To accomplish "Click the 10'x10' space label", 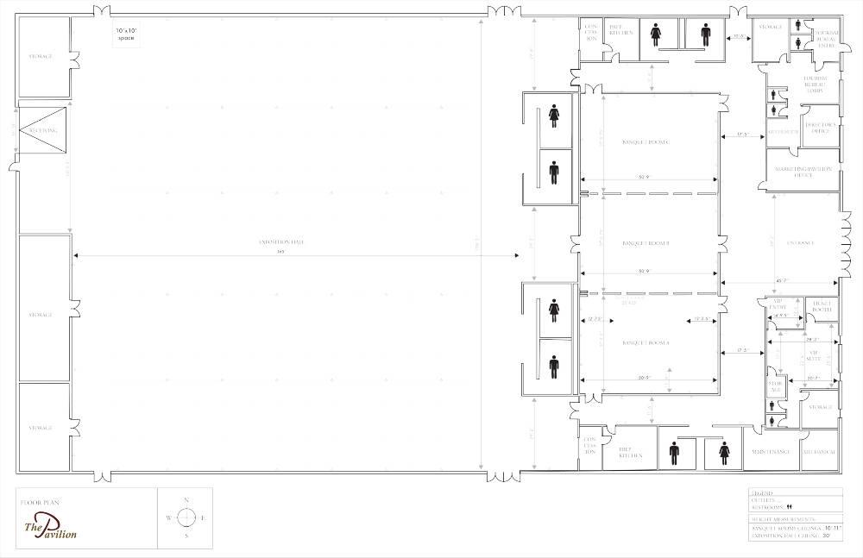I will [127, 35].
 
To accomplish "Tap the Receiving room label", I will [42, 131].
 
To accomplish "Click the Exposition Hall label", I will [281, 242].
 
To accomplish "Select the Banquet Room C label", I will [646, 141].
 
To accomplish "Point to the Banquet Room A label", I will [646, 343].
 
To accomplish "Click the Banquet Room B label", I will [646, 243].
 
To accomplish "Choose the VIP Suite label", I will [813, 354].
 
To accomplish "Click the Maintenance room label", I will [771, 452].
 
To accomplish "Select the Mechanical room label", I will [819, 452].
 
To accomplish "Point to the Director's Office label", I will [819, 128].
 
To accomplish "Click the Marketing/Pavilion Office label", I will [803, 172].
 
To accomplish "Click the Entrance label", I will [800, 243].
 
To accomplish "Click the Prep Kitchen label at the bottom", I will [631, 452].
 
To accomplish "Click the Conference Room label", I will [783, 132].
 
